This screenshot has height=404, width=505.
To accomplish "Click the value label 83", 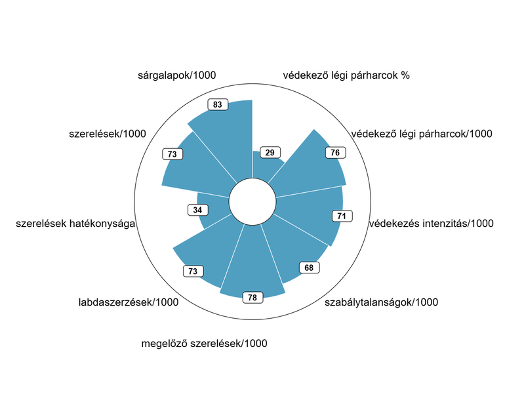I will [x=218, y=104].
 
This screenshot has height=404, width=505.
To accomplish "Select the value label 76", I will [x=335, y=152].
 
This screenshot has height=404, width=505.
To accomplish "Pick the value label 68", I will [x=309, y=268].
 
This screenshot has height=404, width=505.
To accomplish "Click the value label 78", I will [x=253, y=298].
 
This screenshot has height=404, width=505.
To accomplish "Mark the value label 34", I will [x=197, y=210].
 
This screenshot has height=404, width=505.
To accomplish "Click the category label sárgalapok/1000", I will [x=177, y=76].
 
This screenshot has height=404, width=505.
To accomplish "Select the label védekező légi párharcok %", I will [x=346, y=75].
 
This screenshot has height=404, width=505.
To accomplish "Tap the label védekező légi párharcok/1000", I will [x=422, y=134].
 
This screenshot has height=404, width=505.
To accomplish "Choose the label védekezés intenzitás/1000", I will [x=431, y=224].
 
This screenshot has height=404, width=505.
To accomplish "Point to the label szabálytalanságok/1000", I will [x=382, y=302].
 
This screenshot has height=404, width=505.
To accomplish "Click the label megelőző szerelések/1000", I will [x=205, y=343].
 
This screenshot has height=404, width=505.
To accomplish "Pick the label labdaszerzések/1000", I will [x=129, y=302].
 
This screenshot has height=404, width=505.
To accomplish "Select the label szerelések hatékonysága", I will [x=75, y=224].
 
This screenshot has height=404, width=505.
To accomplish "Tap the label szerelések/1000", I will [x=107, y=134].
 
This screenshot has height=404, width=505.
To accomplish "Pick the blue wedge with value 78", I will [x=252, y=262].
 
